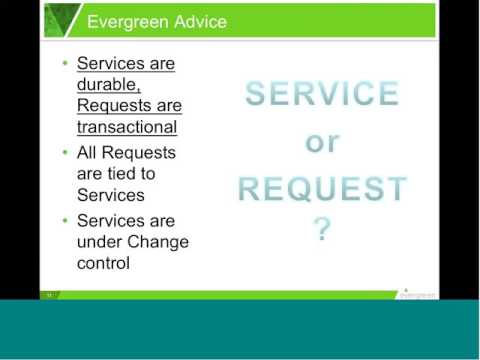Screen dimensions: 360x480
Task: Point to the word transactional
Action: point(127,127)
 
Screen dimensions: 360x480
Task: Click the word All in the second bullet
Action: point(89,153)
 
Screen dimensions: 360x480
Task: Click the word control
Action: point(103,264)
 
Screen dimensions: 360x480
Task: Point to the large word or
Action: point(321,141)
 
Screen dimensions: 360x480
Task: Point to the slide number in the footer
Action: point(47,295)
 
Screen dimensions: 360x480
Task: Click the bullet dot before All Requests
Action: point(65,153)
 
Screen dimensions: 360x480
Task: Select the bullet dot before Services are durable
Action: point(65,63)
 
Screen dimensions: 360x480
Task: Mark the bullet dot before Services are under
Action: point(65,220)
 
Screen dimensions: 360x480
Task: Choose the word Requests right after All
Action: point(139,153)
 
